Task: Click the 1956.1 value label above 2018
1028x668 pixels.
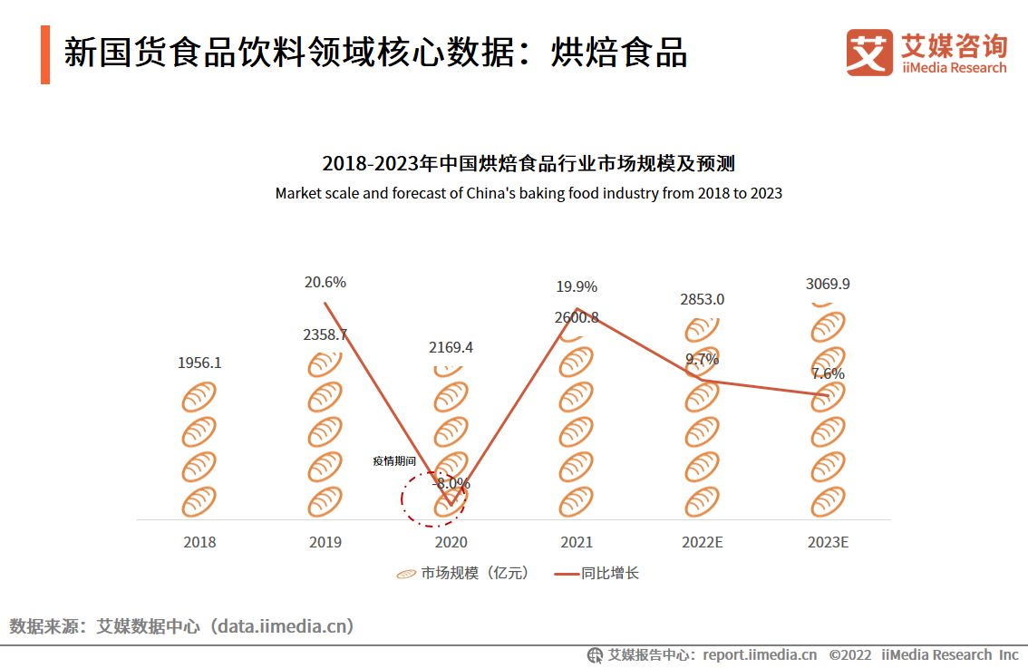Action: tap(199, 363)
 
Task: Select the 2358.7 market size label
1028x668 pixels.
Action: tap(325, 334)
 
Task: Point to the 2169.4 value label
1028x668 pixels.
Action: tap(451, 347)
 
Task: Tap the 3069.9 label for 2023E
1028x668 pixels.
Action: tap(827, 284)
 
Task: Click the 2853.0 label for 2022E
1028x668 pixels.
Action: tap(702, 299)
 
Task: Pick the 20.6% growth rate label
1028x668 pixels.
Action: tap(325, 282)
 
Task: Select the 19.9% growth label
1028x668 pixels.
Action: tap(577, 286)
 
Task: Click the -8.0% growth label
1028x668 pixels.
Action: tap(451, 483)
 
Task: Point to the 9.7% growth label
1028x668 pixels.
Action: tap(702, 359)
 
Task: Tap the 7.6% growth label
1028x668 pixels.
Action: tap(827, 373)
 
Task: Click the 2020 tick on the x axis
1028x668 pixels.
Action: tap(451, 542)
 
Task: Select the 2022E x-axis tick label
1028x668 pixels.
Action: tap(702, 542)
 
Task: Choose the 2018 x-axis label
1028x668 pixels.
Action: tap(199, 542)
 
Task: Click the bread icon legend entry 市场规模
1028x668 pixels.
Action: tap(462, 573)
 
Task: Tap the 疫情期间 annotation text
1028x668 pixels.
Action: tap(393, 461)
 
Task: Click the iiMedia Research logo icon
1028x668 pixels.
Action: tap(869, 53)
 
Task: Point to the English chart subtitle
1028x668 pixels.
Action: tap(528, 193)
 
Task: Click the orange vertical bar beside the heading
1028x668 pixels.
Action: tap(45, 54)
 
